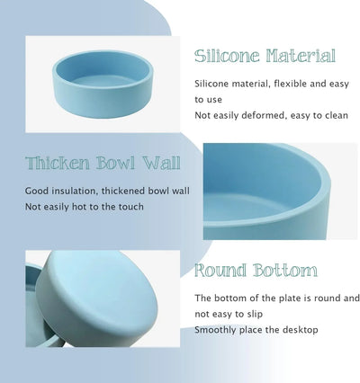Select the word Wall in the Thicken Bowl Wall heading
point(160,165)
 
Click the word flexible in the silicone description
point(292,85)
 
